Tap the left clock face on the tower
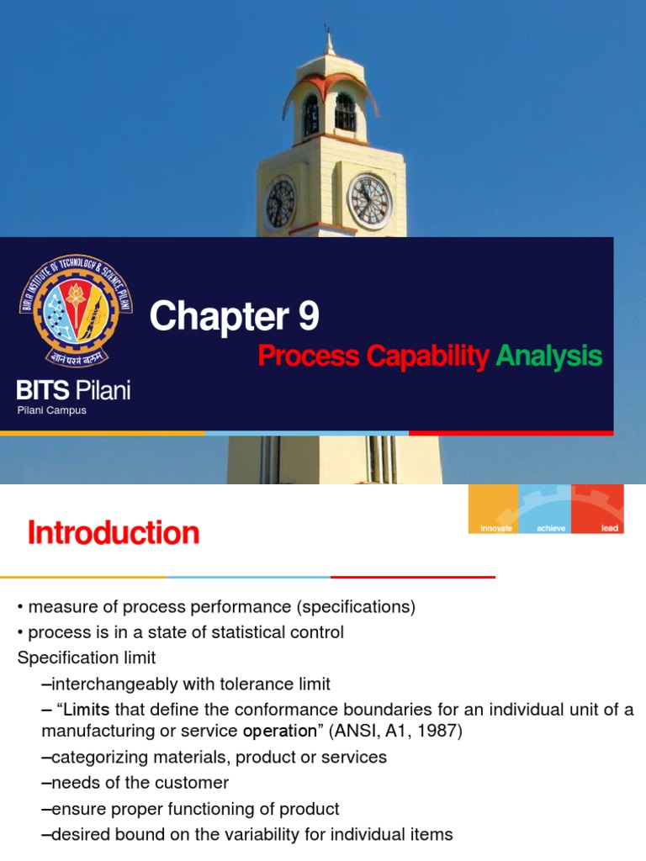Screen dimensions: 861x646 (280, 203)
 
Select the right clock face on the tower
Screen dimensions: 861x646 (369, 202)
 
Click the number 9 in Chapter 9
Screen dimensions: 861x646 (307, 317)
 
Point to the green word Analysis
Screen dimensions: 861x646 (549, 356)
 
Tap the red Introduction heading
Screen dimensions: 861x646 (114, 533)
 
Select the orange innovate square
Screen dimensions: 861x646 (493, 509)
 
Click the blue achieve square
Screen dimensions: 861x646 (545, 509)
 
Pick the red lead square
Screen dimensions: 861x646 (597, 509)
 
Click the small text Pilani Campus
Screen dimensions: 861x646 (52, 410)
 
